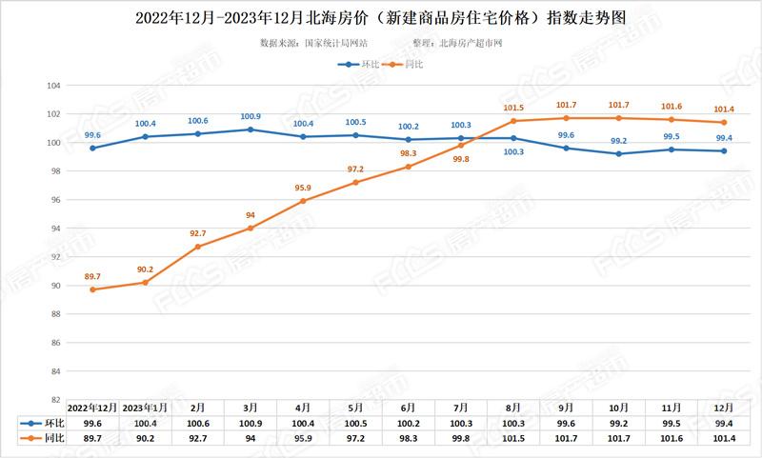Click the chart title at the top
381,17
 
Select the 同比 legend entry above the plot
407,65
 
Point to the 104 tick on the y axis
54,86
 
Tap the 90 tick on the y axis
56,286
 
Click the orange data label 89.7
92,276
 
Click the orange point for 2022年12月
92,289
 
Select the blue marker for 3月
251,129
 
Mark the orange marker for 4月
303,201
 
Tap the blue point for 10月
619,153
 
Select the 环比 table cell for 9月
566,422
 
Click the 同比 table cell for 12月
724,438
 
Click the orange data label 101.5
513,108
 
